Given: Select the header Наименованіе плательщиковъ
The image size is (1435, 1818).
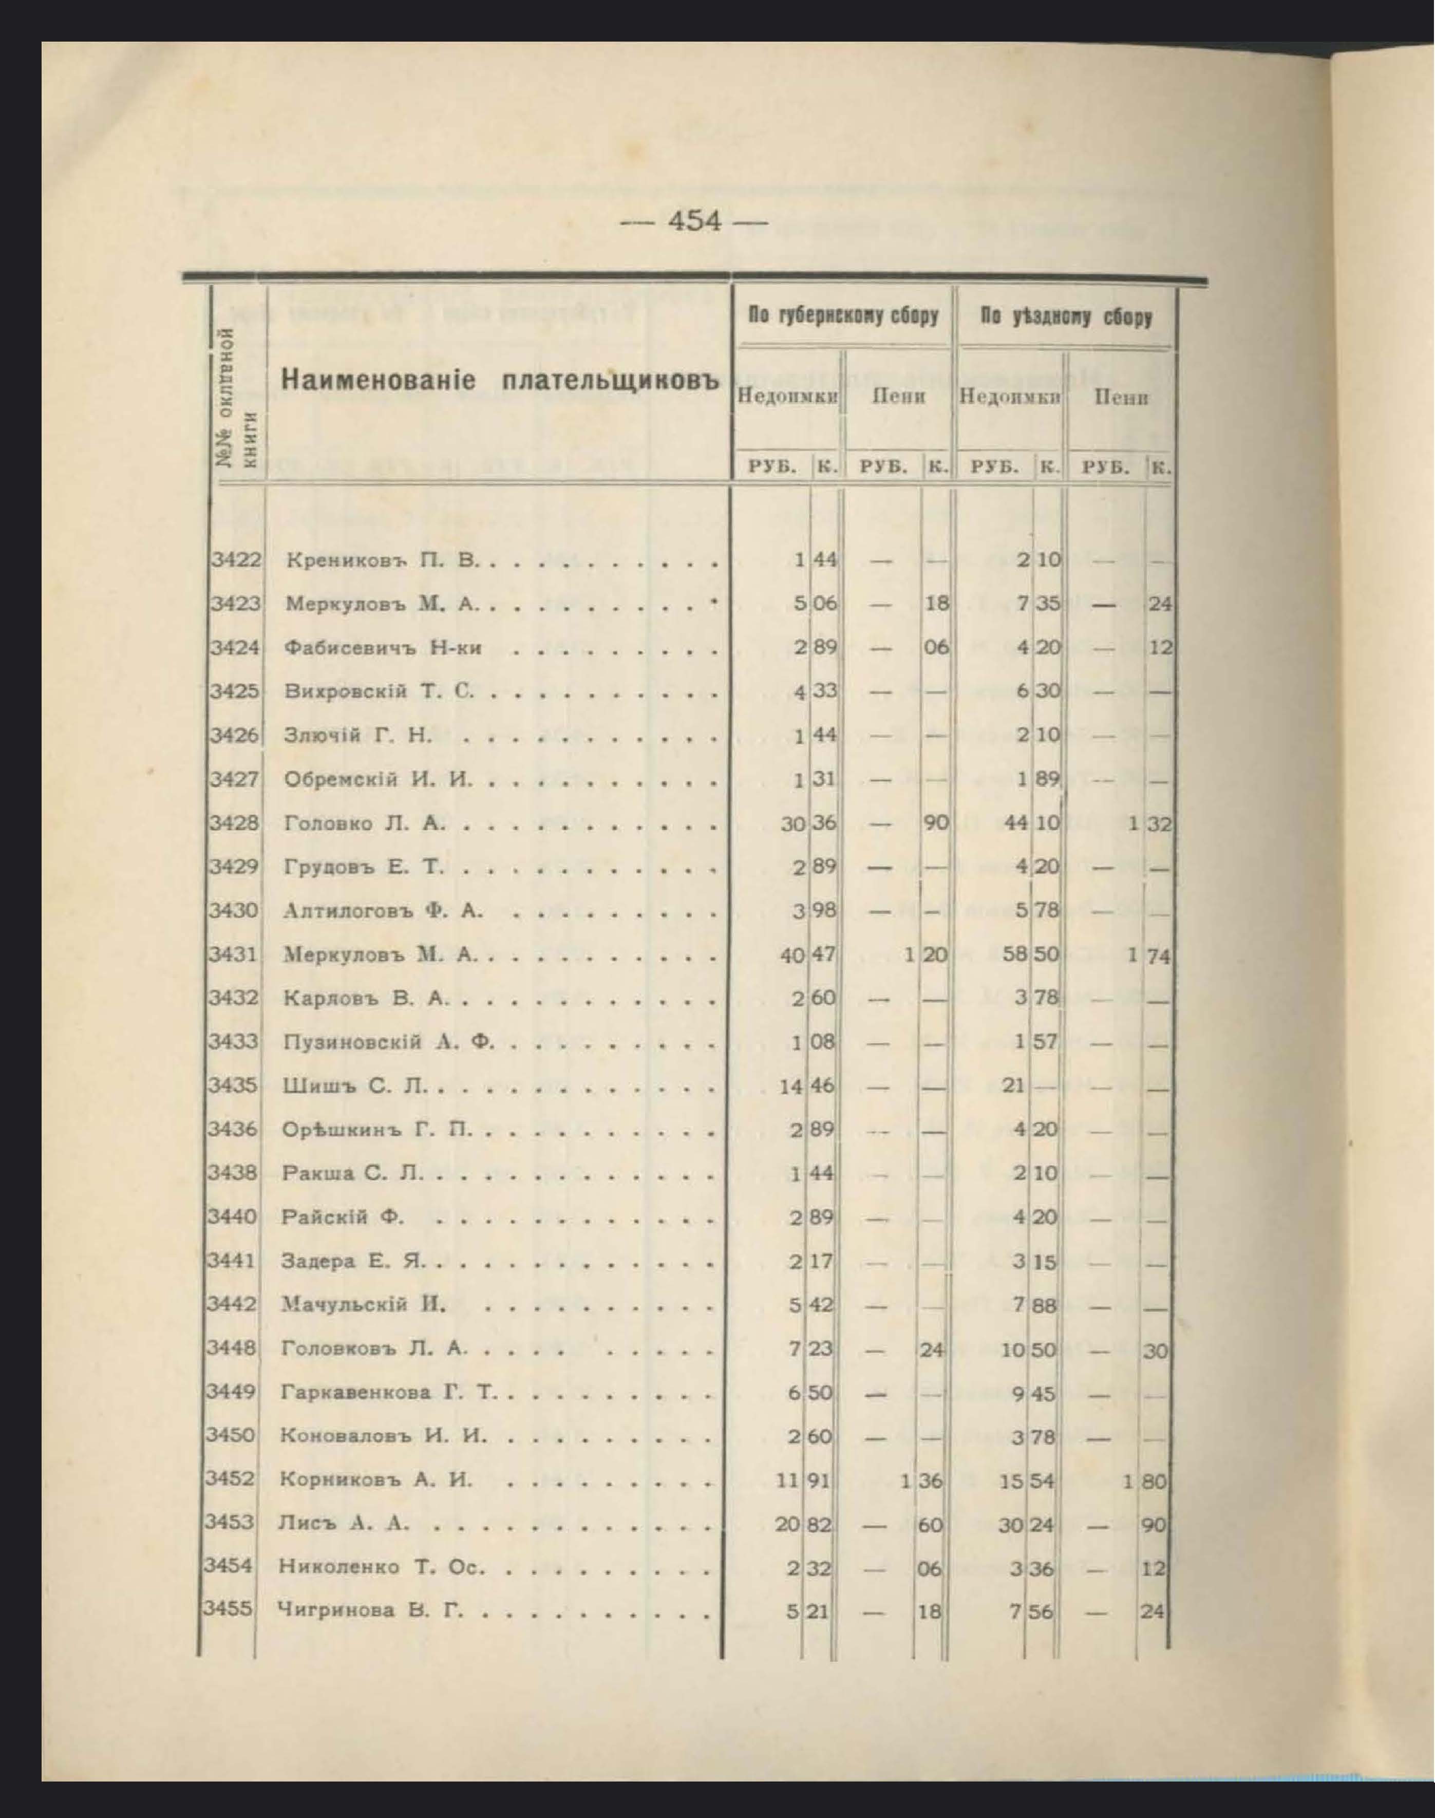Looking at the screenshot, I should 501,380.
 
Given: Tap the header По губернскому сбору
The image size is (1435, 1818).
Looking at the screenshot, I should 843,317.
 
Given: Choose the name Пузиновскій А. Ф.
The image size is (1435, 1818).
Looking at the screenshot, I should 389,1043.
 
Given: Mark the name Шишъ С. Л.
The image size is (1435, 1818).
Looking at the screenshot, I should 356,1086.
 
